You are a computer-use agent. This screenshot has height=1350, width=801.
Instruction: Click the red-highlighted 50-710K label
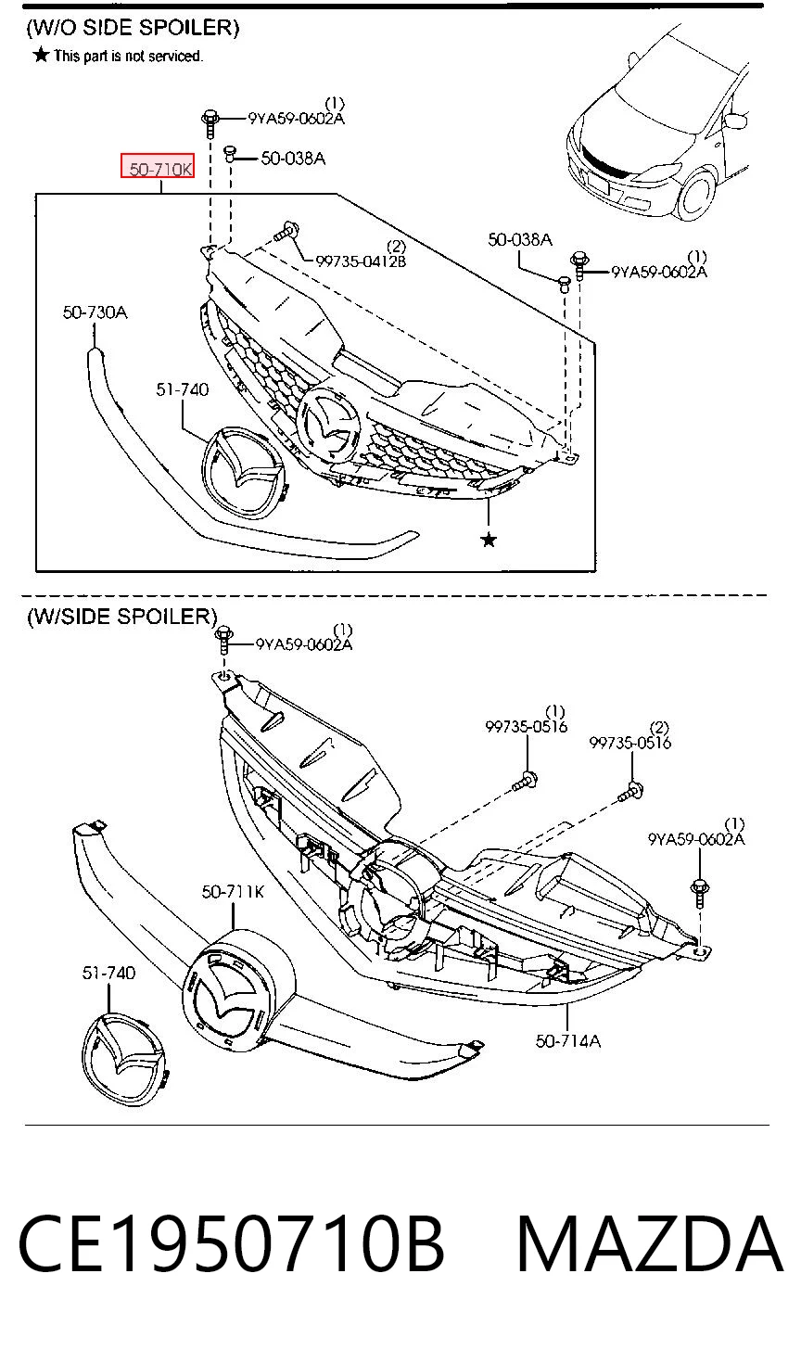158,166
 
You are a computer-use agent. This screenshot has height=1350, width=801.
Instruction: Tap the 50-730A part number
95,312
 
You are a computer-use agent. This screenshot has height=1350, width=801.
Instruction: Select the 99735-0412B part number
361,261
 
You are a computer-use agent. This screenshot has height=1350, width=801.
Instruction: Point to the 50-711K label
233,891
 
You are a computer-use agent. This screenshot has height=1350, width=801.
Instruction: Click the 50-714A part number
567,1040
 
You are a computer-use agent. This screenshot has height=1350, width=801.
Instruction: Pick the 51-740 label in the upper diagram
182,389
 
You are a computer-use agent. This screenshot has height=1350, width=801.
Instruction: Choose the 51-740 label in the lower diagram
108,972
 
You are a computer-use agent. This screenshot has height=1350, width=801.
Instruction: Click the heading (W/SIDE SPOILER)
121,616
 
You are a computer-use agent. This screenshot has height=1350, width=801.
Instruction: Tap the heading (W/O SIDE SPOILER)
133,28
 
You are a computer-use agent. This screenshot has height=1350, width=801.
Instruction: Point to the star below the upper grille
489,540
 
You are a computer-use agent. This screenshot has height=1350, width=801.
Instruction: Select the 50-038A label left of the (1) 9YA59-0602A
519,240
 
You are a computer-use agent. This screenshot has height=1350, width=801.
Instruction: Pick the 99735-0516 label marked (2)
629,743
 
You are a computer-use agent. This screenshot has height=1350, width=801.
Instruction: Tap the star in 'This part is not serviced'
41,56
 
